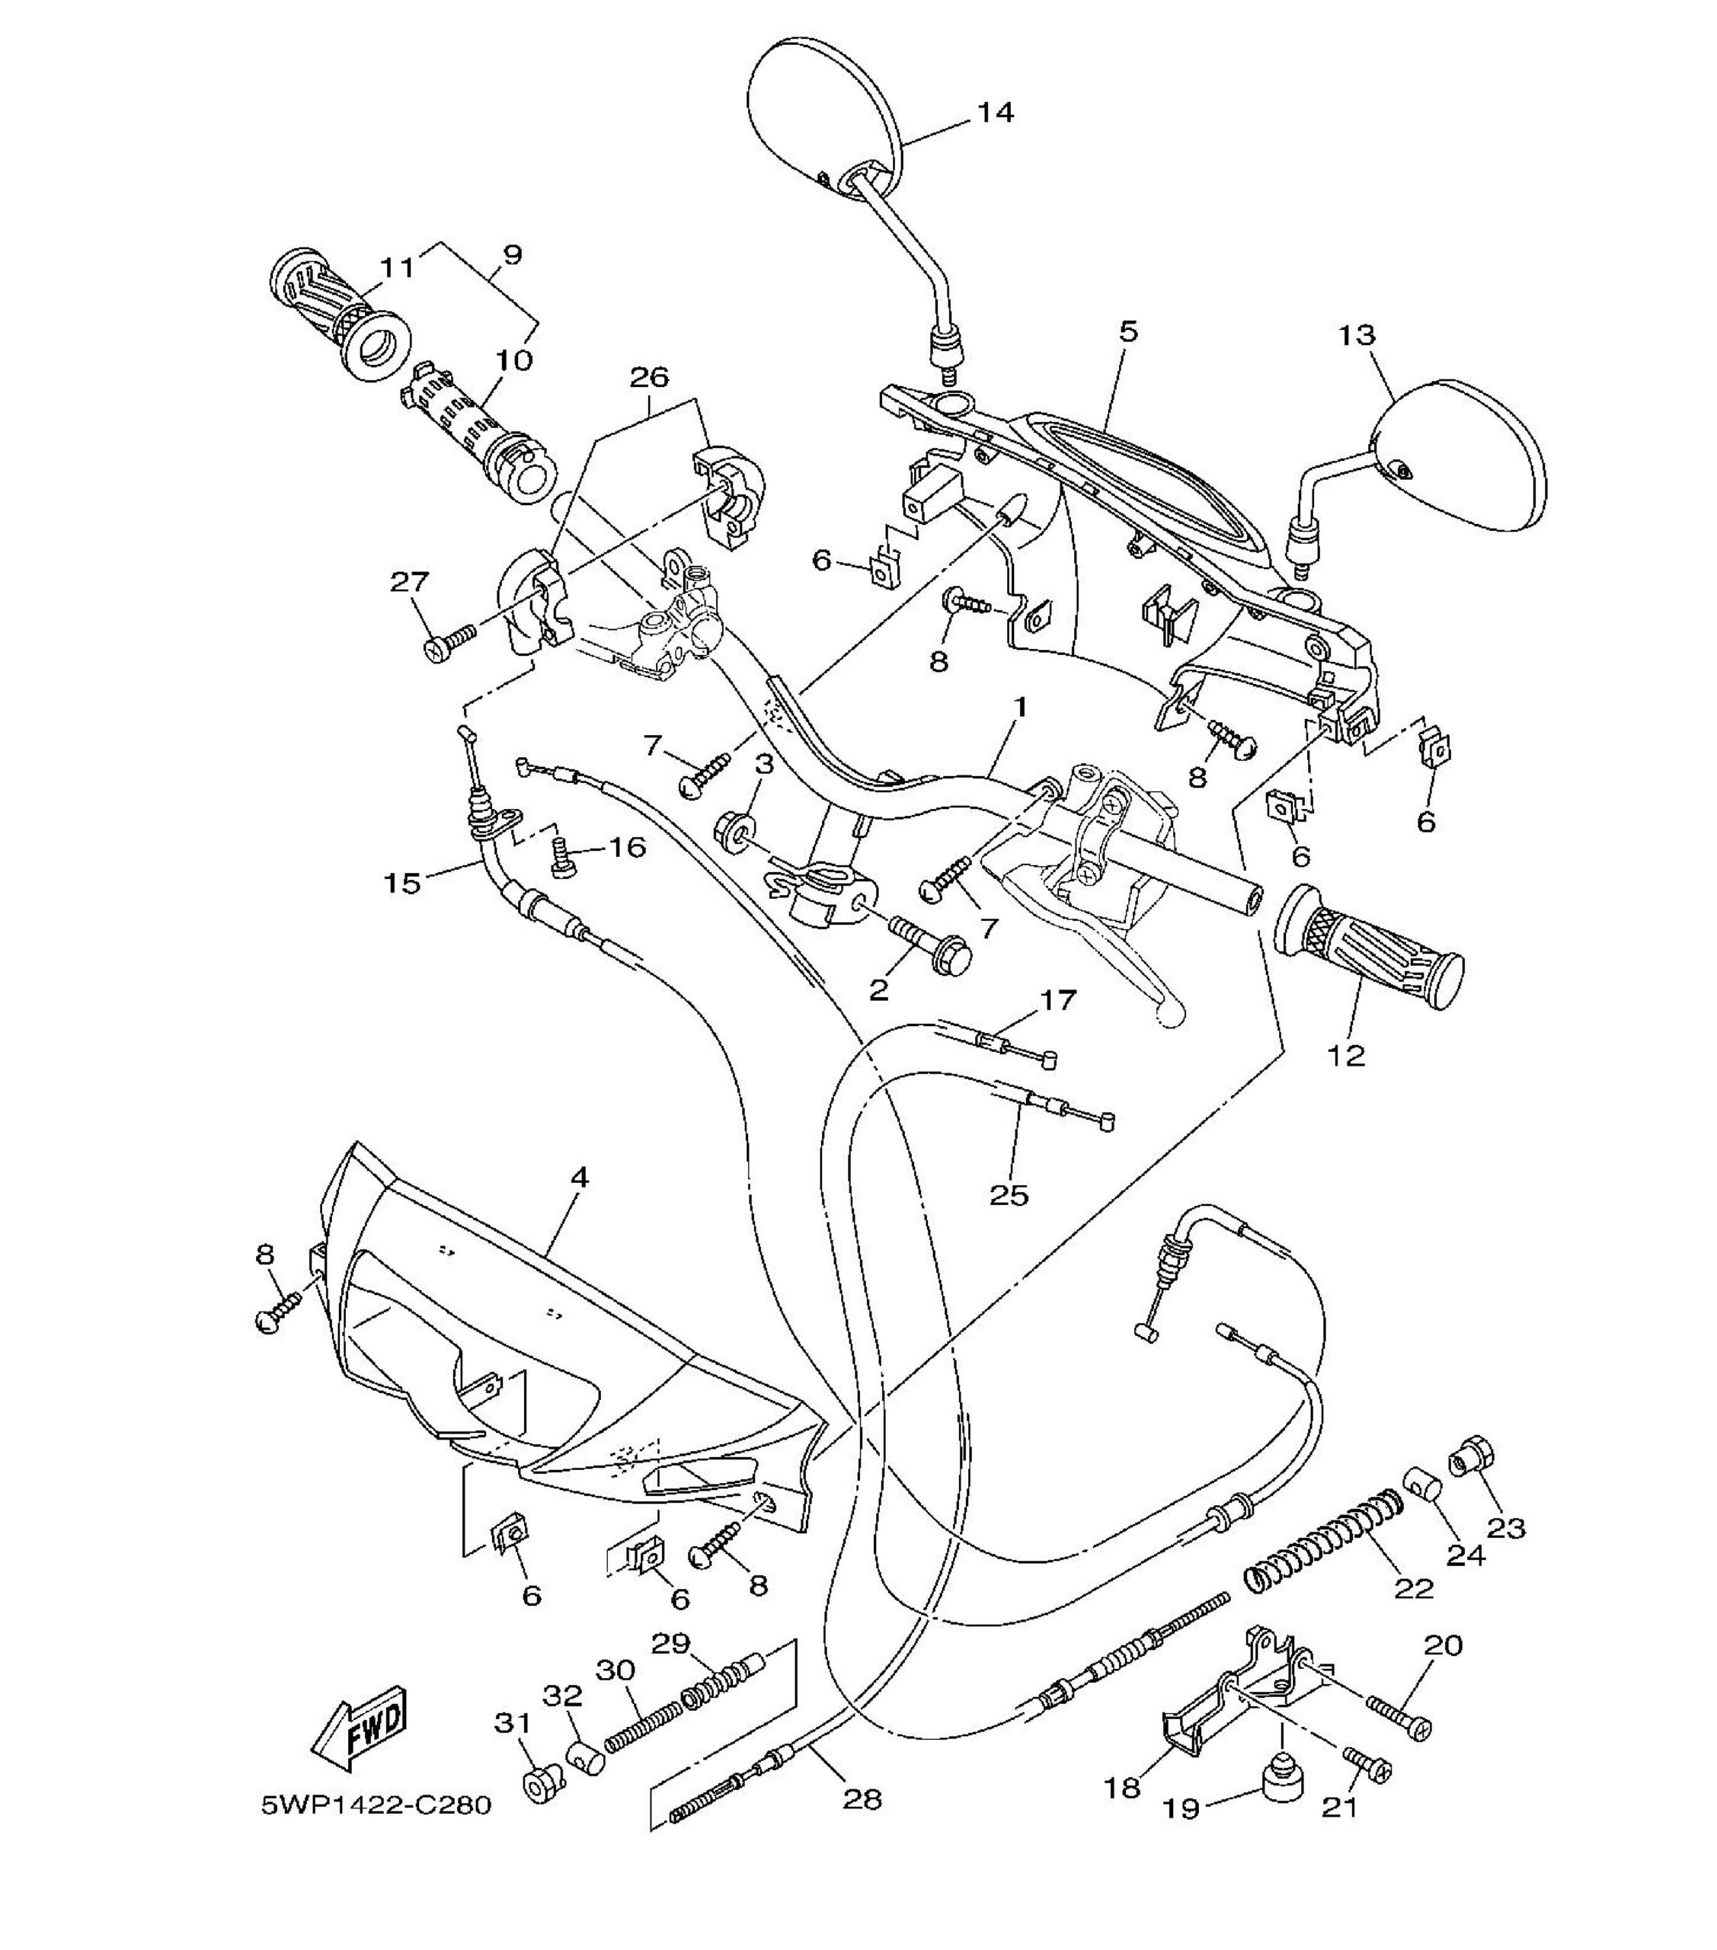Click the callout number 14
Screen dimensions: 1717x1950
pos(995,113)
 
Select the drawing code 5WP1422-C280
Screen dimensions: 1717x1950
pos(377,1806)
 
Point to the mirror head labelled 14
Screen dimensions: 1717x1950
pos(825,114)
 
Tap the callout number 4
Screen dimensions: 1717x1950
pos(579,1178)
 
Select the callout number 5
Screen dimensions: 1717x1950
pos(1128,332)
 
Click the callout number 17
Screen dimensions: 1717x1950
pos(1057,1000)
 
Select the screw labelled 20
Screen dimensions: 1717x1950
pos(1399,1716)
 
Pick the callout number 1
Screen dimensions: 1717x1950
pos(1021,707)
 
